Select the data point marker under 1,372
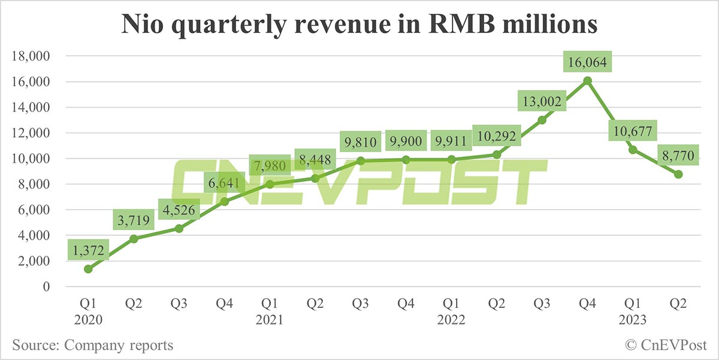coord(88,269)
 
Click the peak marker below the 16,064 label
coord(588,80)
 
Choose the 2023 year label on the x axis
coord(633,320)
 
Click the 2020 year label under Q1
coord(88,320)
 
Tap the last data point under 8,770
coord(679,174)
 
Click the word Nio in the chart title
coord(143,25)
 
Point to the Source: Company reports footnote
coord(92,346)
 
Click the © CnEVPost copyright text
coord(666,346)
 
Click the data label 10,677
coord(633,131)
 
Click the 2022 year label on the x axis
coord(451,320)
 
